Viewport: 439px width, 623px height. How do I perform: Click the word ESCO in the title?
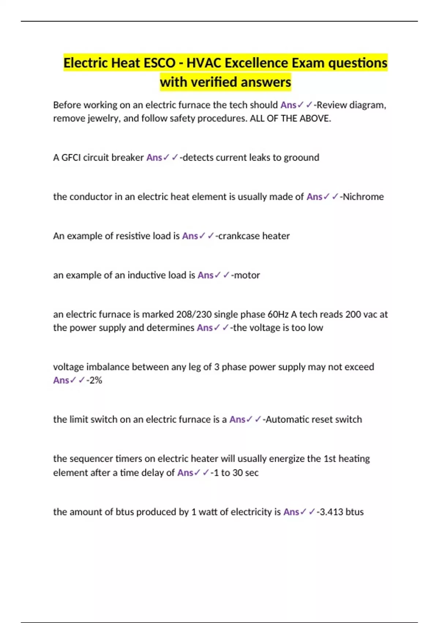(160, 63)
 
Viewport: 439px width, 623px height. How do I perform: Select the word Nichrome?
(363, 197)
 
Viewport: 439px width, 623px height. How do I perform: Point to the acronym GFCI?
(71, 158)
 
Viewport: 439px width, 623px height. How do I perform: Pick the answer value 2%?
(95, 380)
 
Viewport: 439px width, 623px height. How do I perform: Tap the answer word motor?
(247, 275)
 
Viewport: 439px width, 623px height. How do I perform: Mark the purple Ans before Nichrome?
(314, 197)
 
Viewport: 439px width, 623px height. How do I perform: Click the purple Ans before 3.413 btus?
(291, 512)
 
